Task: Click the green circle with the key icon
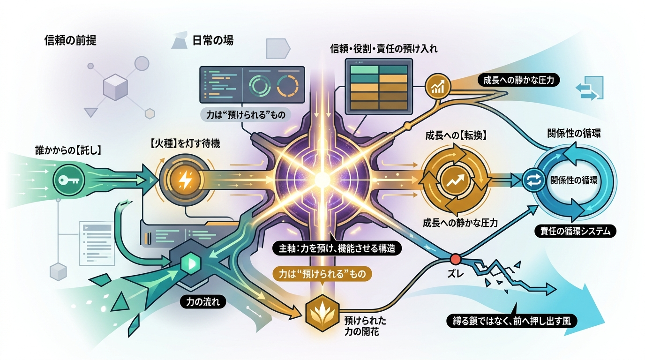click(68, 180)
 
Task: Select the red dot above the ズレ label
click(456, 259)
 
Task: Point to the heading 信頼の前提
click(70, 41)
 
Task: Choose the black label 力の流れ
click(202, 302)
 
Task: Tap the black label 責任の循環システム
click(575, 231)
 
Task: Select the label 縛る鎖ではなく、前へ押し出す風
click(512, 321)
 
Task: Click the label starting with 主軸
click(337, 248)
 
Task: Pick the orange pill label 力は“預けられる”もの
click(322, 274)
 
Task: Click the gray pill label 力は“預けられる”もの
click(246, 115)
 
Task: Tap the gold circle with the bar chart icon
click(438, 86)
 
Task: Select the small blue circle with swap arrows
click(533, 180)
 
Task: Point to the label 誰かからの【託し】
click(68, 150)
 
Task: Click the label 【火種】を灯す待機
click(185, 143)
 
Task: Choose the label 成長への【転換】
click(456, 135)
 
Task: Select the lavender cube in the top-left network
click(115, 87)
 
